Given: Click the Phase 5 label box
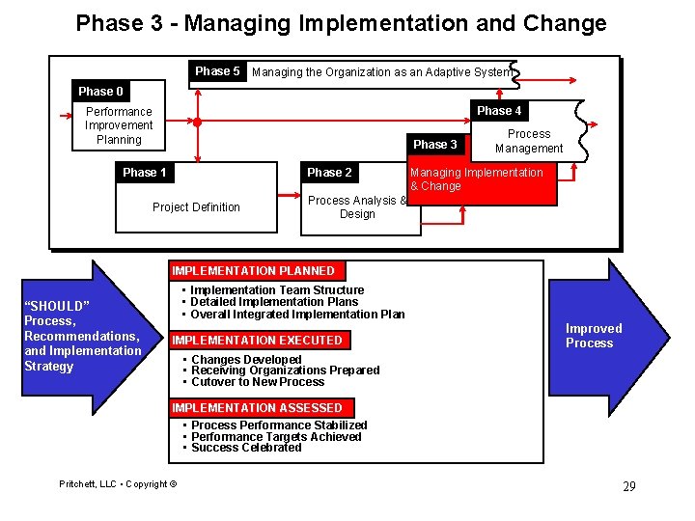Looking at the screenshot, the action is pyautogui.click(x=217, y=71).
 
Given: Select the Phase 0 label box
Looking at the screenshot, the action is pyautogui.click(x=100, y=92).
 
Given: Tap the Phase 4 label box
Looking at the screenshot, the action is pyautogui.click(x=499, y=111).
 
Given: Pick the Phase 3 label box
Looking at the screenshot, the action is pyautogui.click(x=435, y=145).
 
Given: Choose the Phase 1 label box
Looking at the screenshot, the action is pyautogui.click(x=145, y=173).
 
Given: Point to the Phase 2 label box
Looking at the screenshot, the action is pyautogui.click(x=329, y=173).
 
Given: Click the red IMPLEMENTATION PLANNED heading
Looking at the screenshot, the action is pyautogui.click(x=253, y=271).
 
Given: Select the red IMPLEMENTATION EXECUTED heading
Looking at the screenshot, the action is pyautogui.click(x=257, y=341).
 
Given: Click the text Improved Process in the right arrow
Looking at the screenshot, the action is pyautogui.click(x=594, y=336).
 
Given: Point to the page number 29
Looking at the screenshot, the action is pyautogui.click(x=628, y=486).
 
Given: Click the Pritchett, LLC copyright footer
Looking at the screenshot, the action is pyautogui.click(x=118, y=483).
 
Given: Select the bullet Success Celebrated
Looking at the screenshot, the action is pyautogui.click(x=246, y=448).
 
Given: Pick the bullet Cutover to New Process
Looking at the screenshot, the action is pyautogui.click(x=258, y=382).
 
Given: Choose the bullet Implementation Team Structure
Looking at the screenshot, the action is pyautogui.click(x=277, y=290).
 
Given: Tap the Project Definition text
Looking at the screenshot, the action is pyautogui.click(x=196, y=207).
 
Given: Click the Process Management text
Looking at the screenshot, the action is pyautogui.click(x=529, y=141).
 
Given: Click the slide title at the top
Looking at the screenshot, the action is pyautogui.click(x=342, y=23).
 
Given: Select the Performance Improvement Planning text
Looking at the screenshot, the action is pyautogui.click(x=119, y=125).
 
